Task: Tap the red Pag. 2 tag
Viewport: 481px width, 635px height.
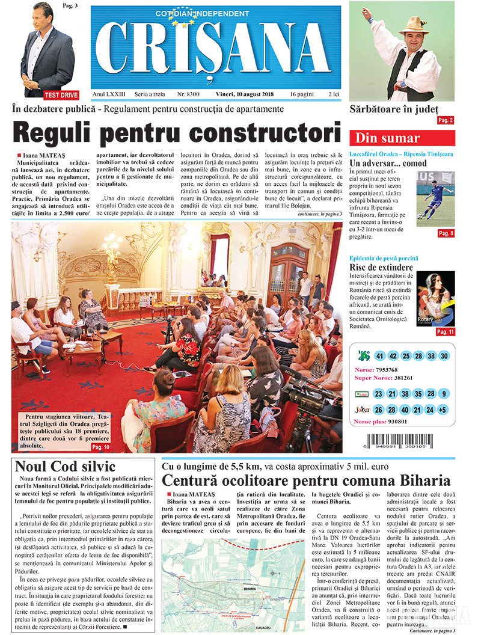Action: (x=446, y=120)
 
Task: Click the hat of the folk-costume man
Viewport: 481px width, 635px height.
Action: (x=413, y=25)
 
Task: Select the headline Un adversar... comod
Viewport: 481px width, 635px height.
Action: (x=388, y=163)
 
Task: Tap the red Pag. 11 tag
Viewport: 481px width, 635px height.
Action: (x=445, y=332)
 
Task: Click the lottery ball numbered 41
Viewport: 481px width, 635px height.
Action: (x=379, y=356)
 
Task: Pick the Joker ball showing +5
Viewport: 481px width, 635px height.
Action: (x=443, y=410)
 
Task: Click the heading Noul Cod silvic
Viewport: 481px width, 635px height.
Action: (x=57, y=466)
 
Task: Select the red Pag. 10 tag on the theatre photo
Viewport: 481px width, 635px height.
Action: (x=100, y=447)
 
